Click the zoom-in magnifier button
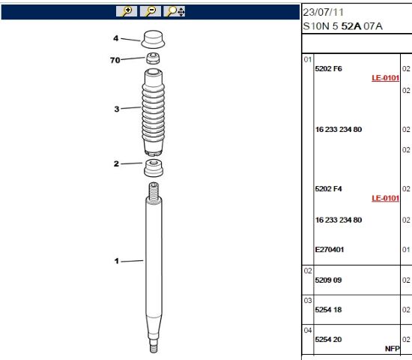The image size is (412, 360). tap(127, 11)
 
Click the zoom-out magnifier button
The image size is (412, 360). tap(151, 11)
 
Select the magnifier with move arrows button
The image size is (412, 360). tap(175, 11)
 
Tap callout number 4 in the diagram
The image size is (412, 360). tap(116, 38)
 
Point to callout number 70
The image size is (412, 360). tap(115, 60)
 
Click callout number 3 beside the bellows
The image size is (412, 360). tap(117, 109)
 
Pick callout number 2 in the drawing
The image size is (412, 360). tap(116, 163)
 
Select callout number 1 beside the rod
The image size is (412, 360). tap(117, 261)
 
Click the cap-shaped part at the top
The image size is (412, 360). tap(153, 40)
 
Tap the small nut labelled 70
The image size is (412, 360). tap(153, 58)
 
